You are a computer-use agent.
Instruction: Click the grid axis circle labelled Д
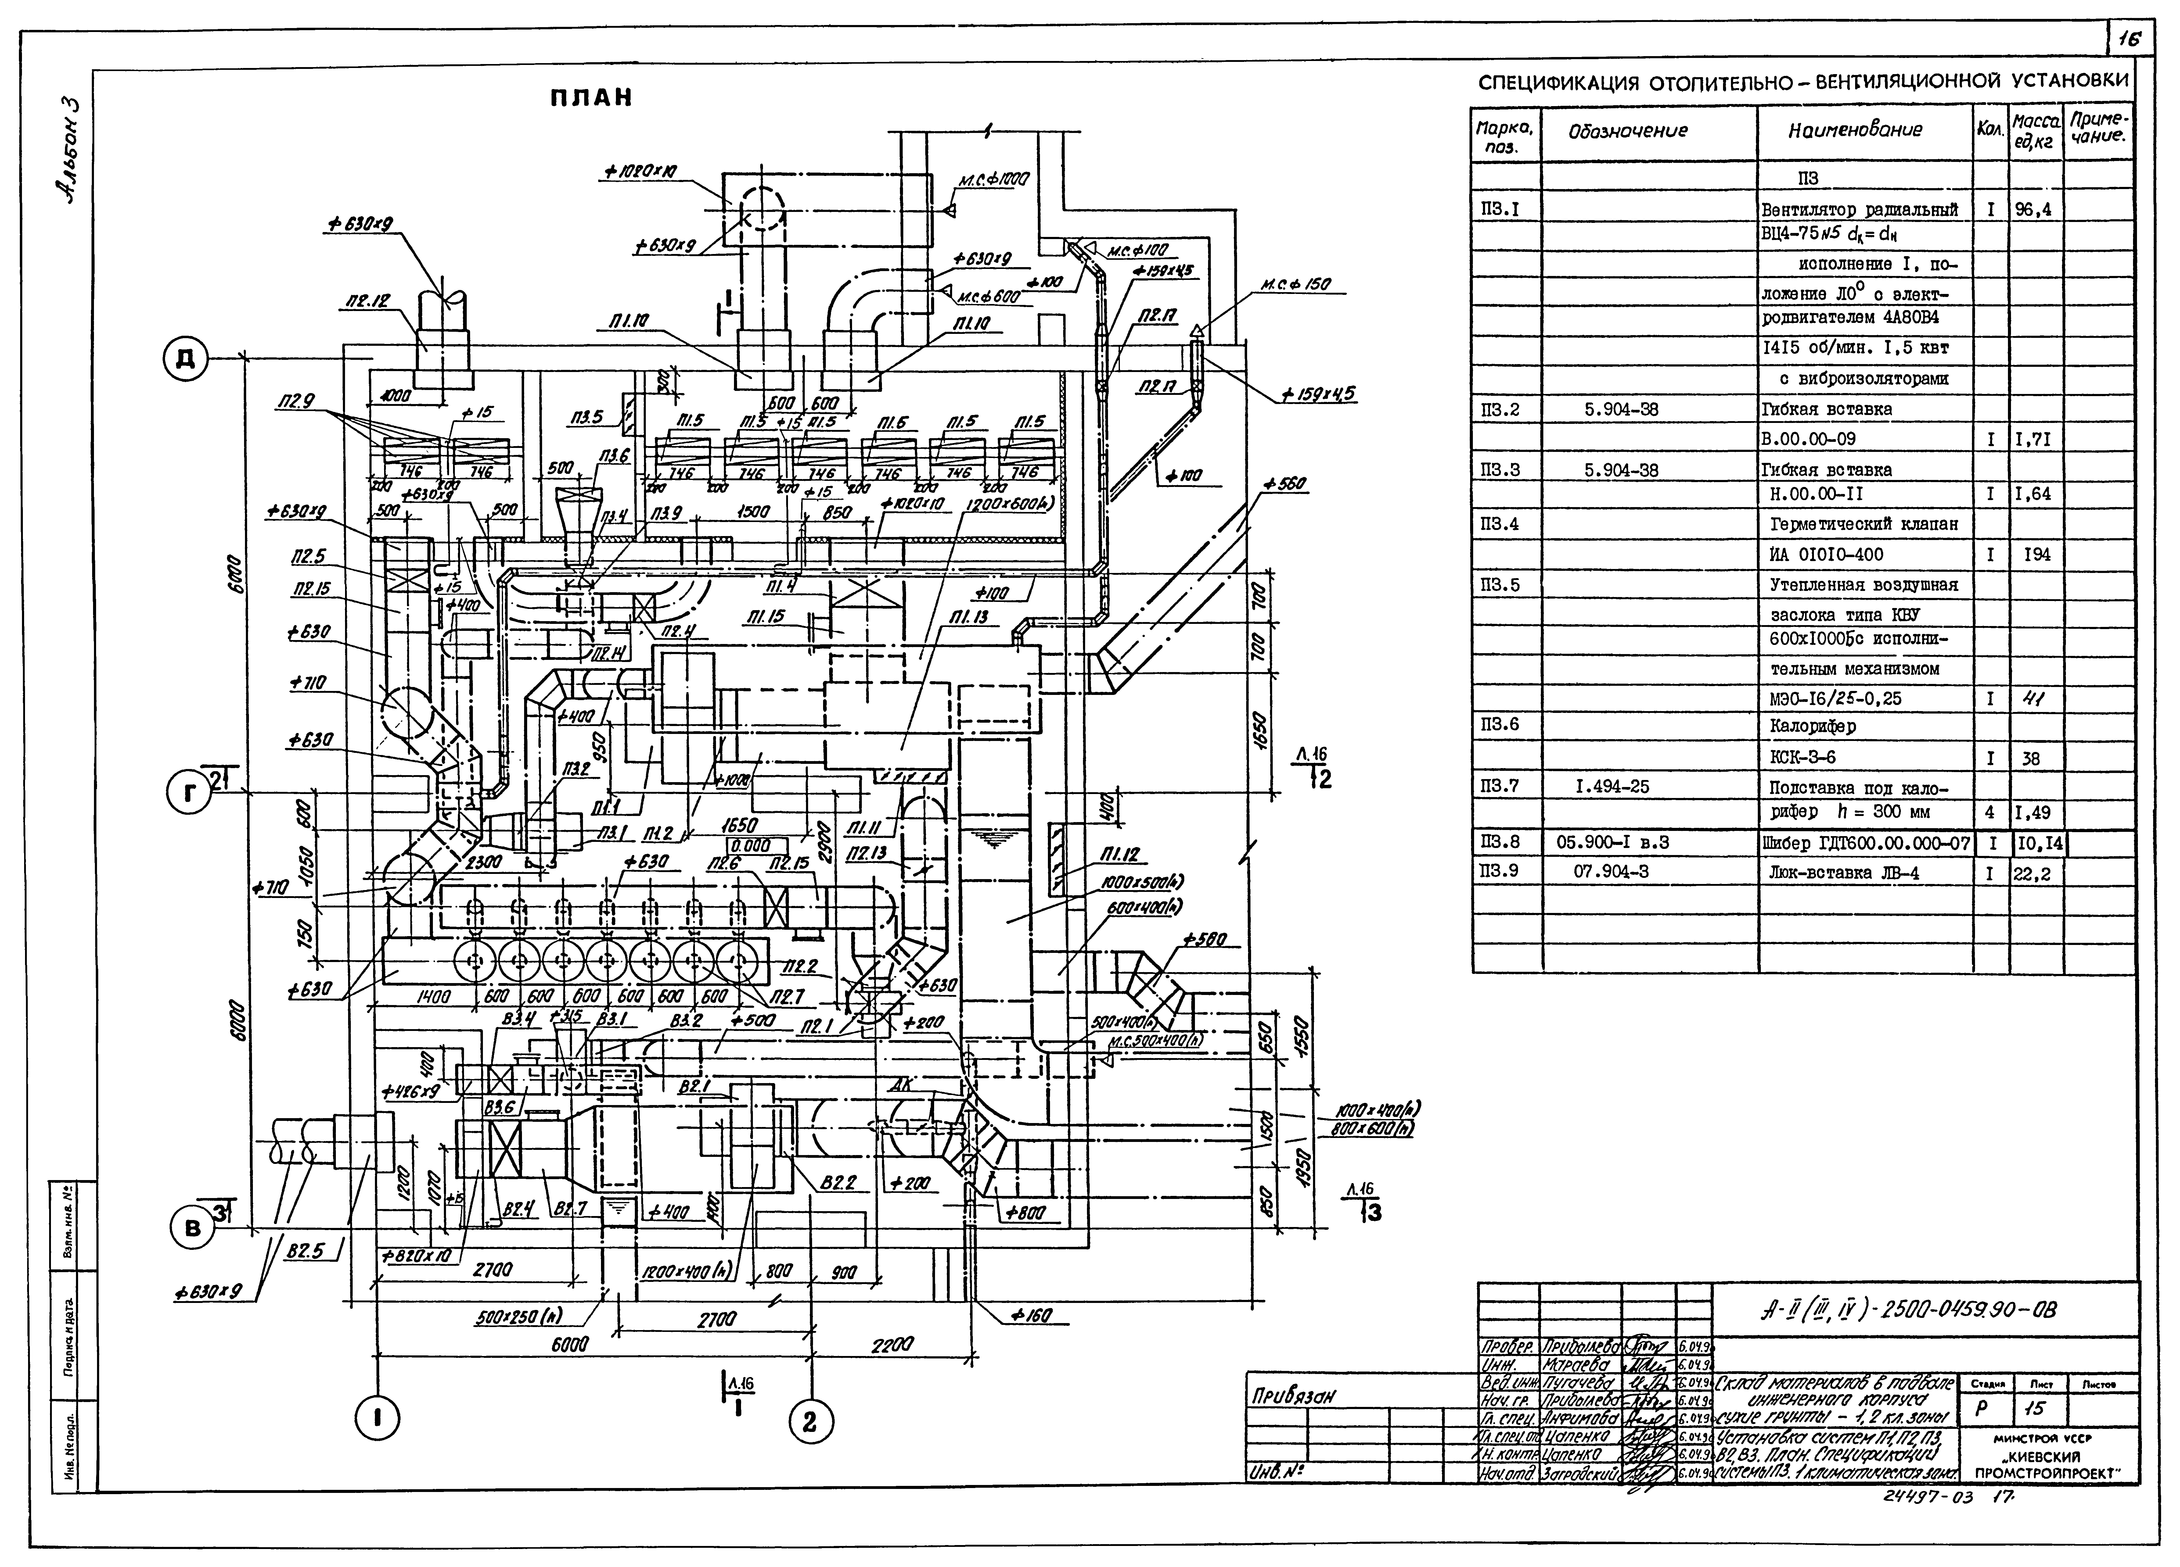185,358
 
